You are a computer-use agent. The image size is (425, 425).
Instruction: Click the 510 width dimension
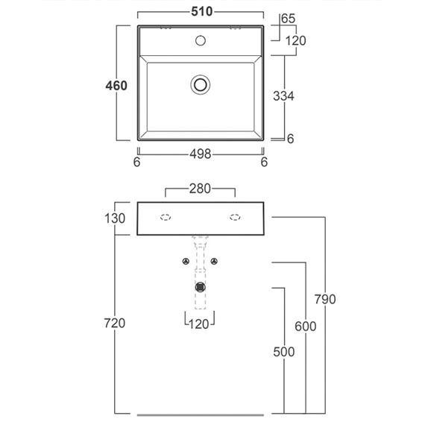click(x=201, y=12)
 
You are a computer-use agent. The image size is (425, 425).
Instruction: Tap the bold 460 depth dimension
click(x=116, y=86)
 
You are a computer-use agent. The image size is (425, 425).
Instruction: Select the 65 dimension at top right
click(x=288, y=19)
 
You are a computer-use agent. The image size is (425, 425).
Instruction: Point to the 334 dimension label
click(x=283, y=96)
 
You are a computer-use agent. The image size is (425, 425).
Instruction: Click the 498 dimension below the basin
click(x=201, y=154)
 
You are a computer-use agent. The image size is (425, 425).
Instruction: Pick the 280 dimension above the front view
click(x=200, y=189)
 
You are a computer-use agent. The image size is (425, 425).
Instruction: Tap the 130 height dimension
click(x=115, y=218)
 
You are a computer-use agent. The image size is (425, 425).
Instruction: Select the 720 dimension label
click(x=115, y=323)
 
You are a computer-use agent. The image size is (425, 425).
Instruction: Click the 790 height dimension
click(x=325, y=299)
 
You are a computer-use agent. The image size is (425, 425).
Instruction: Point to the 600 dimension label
click(x=306, y=327)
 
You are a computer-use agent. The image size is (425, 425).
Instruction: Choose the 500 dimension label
click(x=284, y=352)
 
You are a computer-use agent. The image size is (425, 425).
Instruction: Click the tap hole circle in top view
click(x=201, y=41)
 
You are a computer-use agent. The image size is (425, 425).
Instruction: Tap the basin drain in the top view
click(x=201, y=84)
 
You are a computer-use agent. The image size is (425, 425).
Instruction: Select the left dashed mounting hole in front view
click(x=166, y=218)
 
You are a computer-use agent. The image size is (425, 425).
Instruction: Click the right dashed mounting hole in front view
click(x=235, y=218)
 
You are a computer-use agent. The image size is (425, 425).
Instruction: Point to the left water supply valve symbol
click(x=186, y=261)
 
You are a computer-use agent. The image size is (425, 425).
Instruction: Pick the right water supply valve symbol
click(x=215, y=261)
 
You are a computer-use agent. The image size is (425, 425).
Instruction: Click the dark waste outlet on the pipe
click(x=200, y=287)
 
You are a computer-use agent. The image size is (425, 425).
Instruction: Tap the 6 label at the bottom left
click(x=137, y=162)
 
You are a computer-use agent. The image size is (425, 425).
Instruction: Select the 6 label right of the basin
click(x=290, y=139)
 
